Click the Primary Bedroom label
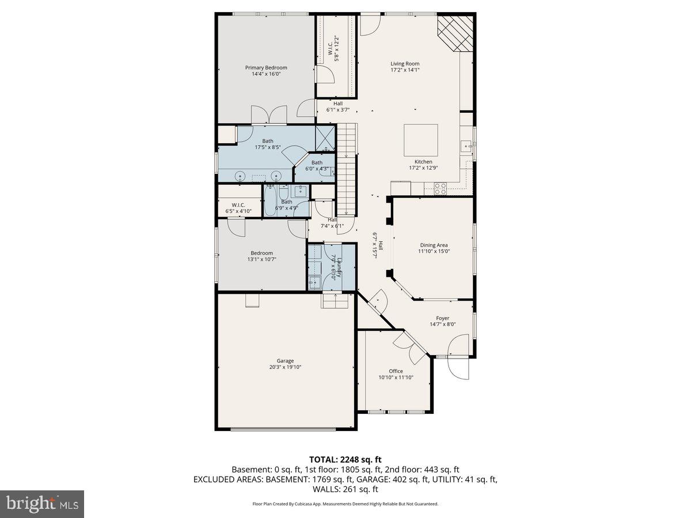(265, 67)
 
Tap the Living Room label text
(405, 64)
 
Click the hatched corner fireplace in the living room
(456, 33)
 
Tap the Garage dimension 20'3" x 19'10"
(285, 367)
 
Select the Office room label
(396, 371)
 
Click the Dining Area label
(434, 245)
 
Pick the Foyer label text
(442, 318)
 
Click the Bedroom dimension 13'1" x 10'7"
(261, 260)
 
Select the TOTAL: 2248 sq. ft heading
(345, 459)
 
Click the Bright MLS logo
(42, 504)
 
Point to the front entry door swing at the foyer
(460, 367)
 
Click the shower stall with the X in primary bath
(325, 139)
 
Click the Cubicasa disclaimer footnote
(345, 504)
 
